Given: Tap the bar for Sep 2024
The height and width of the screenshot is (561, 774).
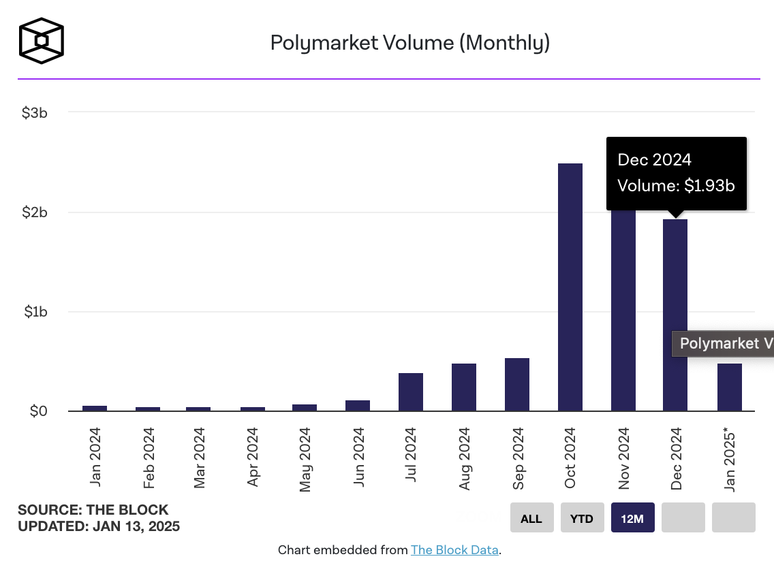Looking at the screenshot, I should (516, 385).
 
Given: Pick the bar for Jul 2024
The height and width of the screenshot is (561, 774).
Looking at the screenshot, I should (410, 392).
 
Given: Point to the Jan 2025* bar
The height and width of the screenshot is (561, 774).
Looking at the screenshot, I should (729, 387).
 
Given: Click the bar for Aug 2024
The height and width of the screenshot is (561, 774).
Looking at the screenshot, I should (463, 387).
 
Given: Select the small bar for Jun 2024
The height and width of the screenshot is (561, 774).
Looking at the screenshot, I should (357, 405).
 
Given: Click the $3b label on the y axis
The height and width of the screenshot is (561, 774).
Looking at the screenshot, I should (35, 112).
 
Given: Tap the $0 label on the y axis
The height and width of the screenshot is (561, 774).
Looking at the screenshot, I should (38, 411).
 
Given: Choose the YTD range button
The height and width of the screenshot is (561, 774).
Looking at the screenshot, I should (581, 518).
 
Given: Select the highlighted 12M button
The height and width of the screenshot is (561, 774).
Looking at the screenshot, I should (632, 518).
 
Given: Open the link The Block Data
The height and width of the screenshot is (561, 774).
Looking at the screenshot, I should (454, 549).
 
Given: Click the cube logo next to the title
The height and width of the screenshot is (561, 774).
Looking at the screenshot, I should (42, 41).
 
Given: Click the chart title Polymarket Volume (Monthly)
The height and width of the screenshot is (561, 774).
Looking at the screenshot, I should (409, 43).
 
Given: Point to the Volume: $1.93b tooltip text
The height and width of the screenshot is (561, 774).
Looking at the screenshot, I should (676, 185).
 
